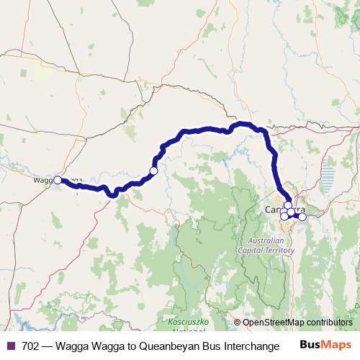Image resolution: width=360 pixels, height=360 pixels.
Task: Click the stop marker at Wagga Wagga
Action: [x=58, y=181]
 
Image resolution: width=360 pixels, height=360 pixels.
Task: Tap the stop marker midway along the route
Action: [x=153, y=171]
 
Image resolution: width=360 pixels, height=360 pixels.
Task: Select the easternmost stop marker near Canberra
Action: [x=302, y=217]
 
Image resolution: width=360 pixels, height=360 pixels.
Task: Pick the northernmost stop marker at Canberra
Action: [x=288, y=205]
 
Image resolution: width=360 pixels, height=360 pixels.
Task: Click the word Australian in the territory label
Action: [x=266, y=240]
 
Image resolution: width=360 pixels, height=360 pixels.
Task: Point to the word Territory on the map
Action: [x=279, y=251]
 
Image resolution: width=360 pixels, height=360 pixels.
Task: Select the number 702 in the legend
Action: [x=31, y=346]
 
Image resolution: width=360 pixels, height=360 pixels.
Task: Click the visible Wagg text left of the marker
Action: [x=42, y=181]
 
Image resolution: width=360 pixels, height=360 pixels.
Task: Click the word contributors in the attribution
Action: [x=328, y=323]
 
